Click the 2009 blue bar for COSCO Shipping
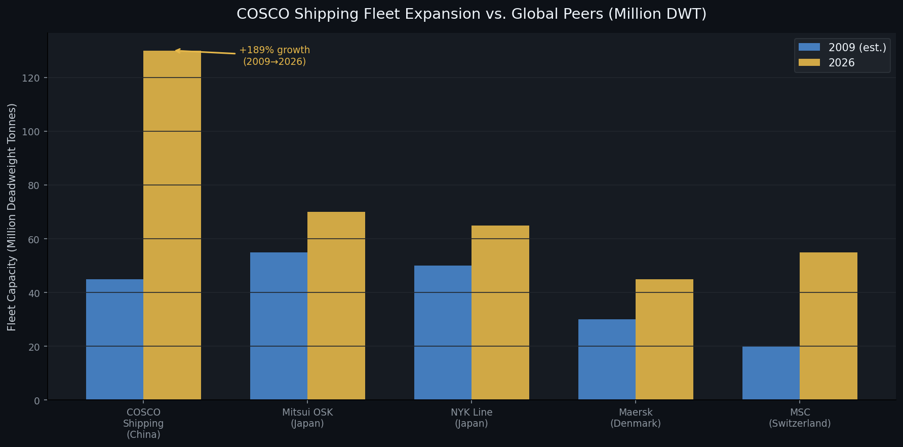(x=114, y=340)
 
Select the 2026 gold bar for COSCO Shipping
(x=172, y=226)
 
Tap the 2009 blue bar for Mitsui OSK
(x=279, y=326)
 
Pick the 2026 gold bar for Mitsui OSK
(x=336, y=306)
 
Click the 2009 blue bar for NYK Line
(x=443, y=333)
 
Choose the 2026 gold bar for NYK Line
(x=500, y=313)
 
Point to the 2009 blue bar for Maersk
(x=607, y=360)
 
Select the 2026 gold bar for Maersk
(x=664, y=340)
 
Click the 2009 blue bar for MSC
(x=771, y=373)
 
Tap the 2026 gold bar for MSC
(x=829, y=326)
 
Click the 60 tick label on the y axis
(x=34, y=239)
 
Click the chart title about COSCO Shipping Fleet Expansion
(x=472, y=14)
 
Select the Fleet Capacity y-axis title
(x=12, y=217)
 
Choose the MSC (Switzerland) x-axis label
(x=800, y=418)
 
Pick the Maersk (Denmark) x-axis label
(x=636, y=418)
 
